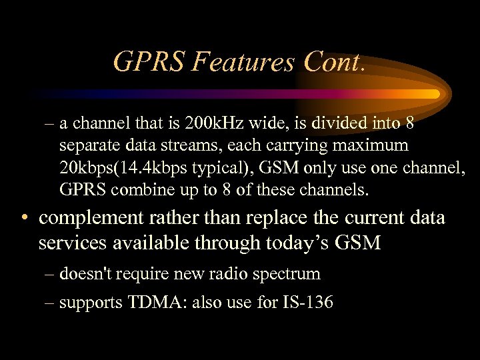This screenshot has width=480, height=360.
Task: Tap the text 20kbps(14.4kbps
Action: pos(126,168)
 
